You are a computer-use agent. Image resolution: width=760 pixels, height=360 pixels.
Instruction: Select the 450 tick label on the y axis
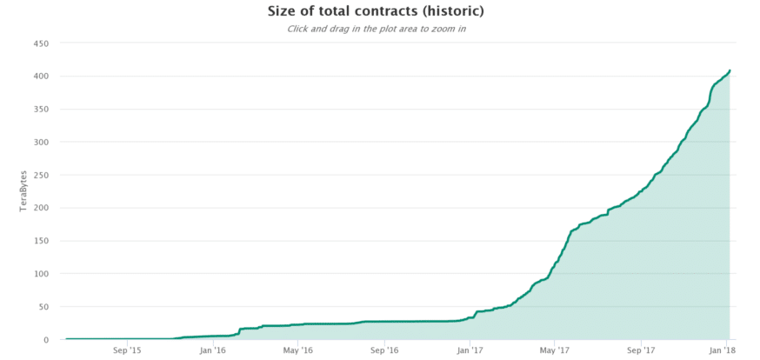coord(41,43)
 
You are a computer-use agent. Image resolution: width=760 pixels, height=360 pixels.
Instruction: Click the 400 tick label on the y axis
coord(41,77)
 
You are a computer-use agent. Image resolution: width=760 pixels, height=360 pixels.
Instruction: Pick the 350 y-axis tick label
coord(41,110)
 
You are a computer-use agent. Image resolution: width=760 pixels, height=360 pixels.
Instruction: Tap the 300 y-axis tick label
coord(41,142)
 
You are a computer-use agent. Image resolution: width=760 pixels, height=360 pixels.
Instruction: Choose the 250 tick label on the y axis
coord(41,175)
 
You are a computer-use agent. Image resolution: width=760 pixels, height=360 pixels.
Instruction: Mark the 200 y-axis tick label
coord(41,208)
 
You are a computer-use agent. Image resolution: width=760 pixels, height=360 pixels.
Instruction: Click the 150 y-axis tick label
coord(41,241)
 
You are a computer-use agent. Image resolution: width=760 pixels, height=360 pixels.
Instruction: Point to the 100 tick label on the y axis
coord(41,274)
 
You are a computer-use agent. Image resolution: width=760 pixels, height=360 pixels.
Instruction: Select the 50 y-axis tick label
coord(43,307)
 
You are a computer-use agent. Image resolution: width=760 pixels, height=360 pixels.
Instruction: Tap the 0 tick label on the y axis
coord(46,340)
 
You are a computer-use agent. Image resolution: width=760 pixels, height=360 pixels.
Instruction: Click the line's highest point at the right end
coord(730,70)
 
